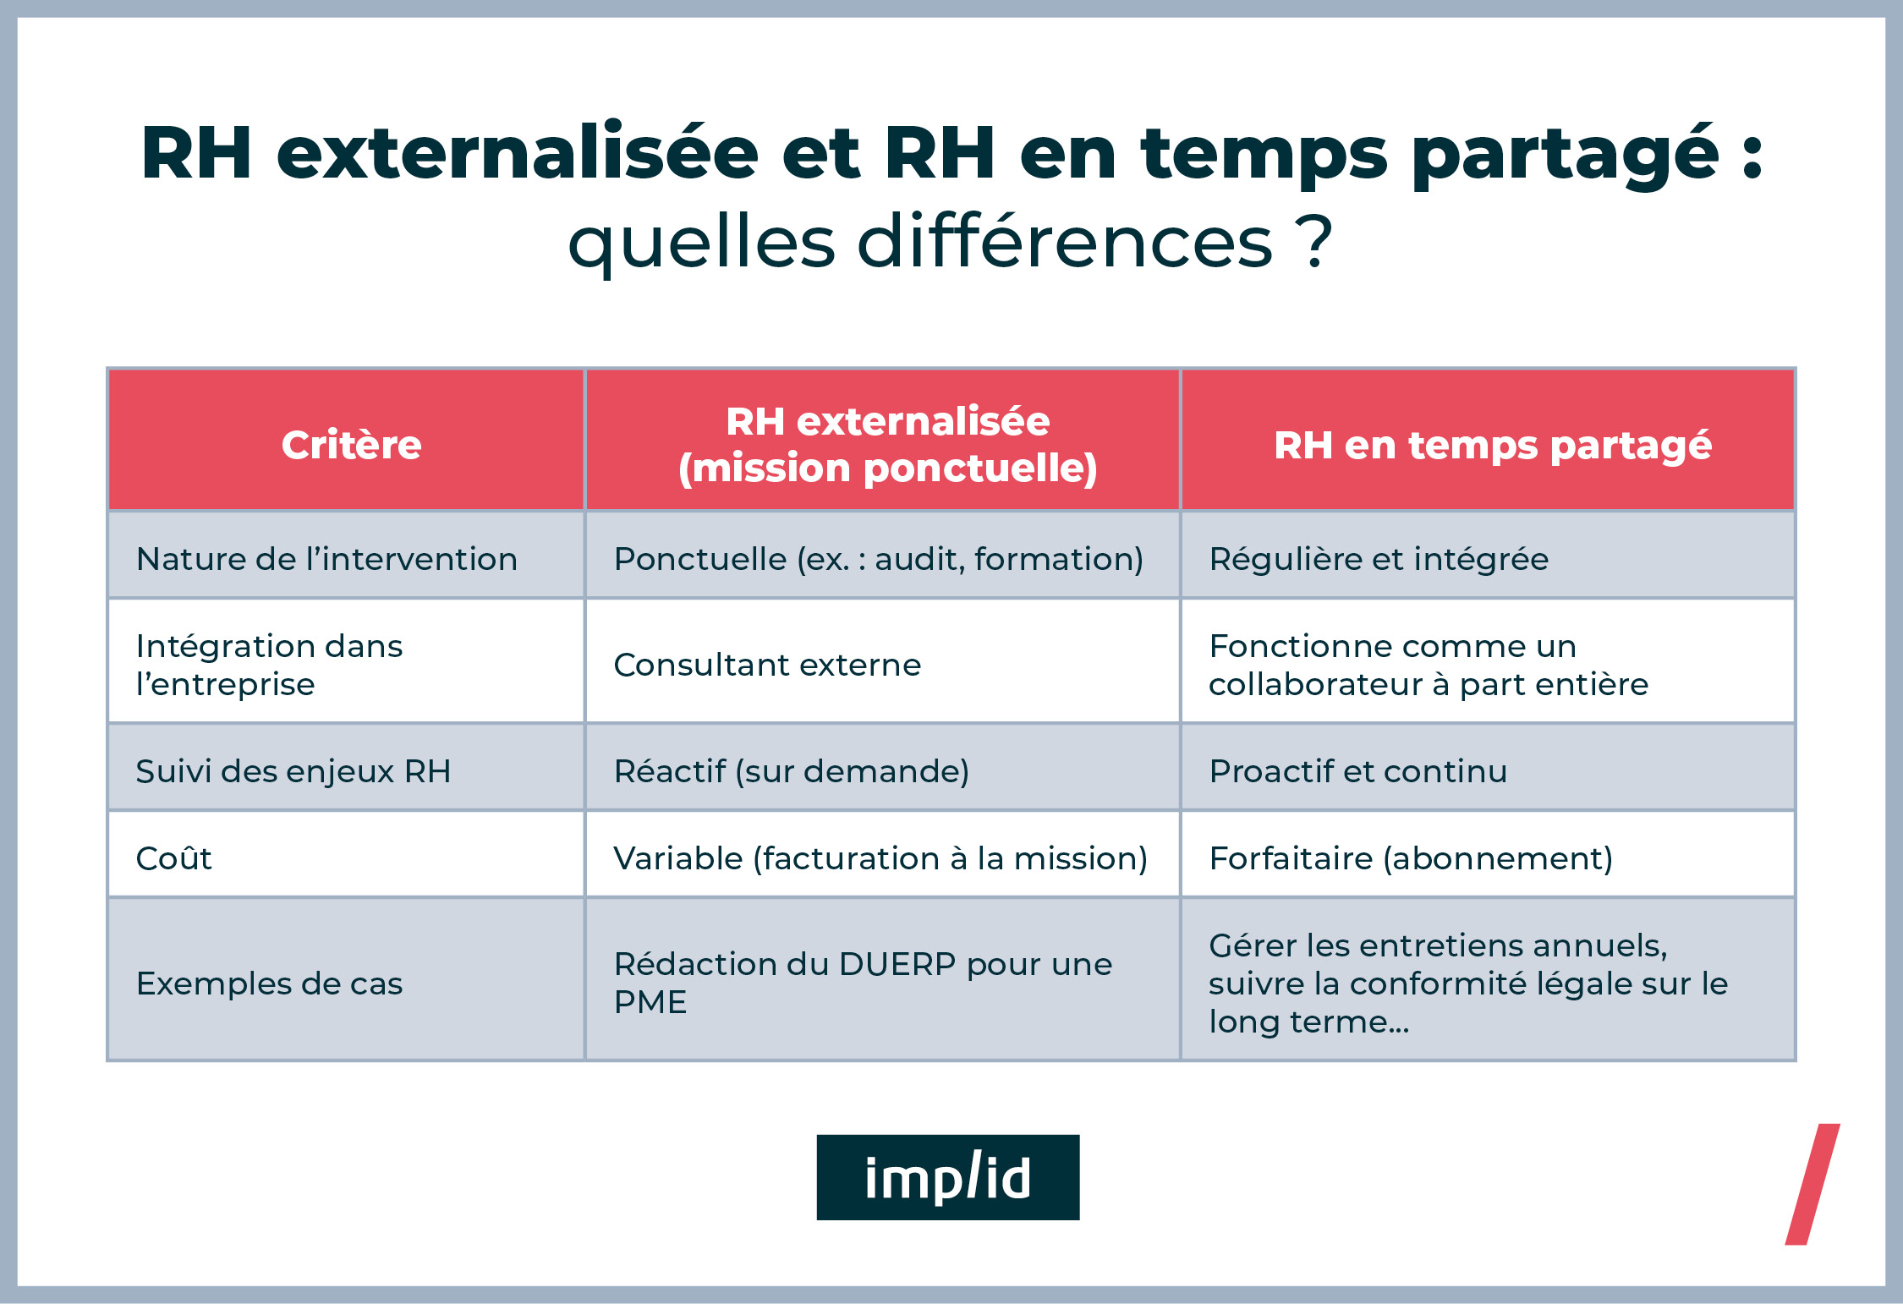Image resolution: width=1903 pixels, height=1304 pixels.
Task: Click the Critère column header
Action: [351, 445]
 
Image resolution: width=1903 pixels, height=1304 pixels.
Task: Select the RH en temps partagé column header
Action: [1492, 445]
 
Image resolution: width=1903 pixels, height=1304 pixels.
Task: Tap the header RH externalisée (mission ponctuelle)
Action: [887, 445]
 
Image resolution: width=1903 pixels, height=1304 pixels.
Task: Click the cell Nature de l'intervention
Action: [326, 559]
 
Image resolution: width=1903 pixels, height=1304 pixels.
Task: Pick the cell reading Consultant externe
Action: [767, 665]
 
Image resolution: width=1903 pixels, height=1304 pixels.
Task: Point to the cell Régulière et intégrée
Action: [1379, 559]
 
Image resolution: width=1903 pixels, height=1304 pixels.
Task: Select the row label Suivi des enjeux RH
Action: [293, 771]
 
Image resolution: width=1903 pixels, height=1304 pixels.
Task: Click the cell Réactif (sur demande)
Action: [791, 771]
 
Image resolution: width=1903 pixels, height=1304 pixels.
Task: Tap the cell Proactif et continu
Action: [1357, 771]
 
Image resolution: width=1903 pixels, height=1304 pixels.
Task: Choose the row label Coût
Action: [174, 858]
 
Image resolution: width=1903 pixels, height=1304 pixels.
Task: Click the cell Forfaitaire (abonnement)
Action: [1411, 858]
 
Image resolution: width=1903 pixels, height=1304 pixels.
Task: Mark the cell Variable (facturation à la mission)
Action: [880, 858]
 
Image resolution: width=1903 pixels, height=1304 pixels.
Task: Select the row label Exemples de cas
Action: [269, 983]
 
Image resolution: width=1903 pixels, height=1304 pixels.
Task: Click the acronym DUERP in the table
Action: [897, 964]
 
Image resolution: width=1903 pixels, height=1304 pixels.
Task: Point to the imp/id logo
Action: [947, 1177]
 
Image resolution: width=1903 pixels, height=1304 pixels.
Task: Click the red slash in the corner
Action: [1813, 1184]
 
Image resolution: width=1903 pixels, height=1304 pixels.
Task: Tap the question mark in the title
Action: [1315, 243]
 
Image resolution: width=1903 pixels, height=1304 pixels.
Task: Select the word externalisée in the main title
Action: [518, 154]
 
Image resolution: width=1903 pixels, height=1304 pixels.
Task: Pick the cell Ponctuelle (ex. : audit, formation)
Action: [878, 559]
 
